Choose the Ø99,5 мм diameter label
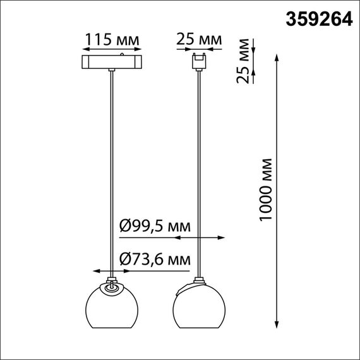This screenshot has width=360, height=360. click(x=155, y=225)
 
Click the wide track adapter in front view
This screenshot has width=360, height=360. click(x=112, y=63)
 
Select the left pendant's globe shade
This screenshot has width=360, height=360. click(x=112, y=306)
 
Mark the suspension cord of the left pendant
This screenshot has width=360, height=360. click(x=112, y=171)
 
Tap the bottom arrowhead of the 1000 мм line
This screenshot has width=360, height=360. click(x=278, y=325)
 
